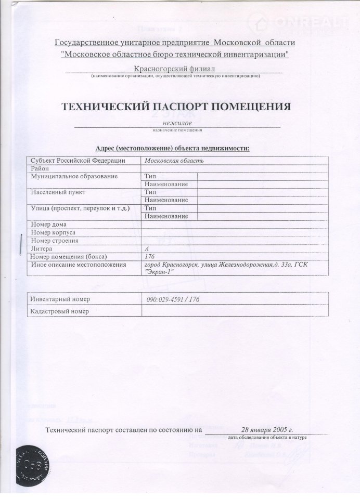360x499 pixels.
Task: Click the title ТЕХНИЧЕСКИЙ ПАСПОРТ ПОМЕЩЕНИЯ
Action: pyautogui.click(x=176, y=106)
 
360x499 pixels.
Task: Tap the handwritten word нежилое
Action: pyautogui.click(x=177, y=122)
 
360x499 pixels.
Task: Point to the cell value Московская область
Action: pyautogui.click(x=170, y=161)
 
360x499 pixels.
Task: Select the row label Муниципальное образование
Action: pyautogui.click(x=74, y=176)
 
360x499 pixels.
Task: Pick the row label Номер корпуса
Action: pyautogui.click(x=54, y=232)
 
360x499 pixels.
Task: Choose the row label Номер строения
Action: pyautogui.click(x=55, y=241)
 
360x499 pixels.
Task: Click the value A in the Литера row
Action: pyautogui.click(x=147, y=249)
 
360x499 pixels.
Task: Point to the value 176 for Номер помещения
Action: pyautogui.click(x=149, y=257)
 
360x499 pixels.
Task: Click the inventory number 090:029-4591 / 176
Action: pyautogui.click(x=174, y=299)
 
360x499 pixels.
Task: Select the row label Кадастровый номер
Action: pyautogui.click(x=60, y=311)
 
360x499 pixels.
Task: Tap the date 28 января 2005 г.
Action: pyautogui.click(x=267, y=430)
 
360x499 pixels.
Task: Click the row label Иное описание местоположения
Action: pyautogui.click(x=79, y=265)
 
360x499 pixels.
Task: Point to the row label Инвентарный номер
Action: pyautogui.click(x=60, y=299)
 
